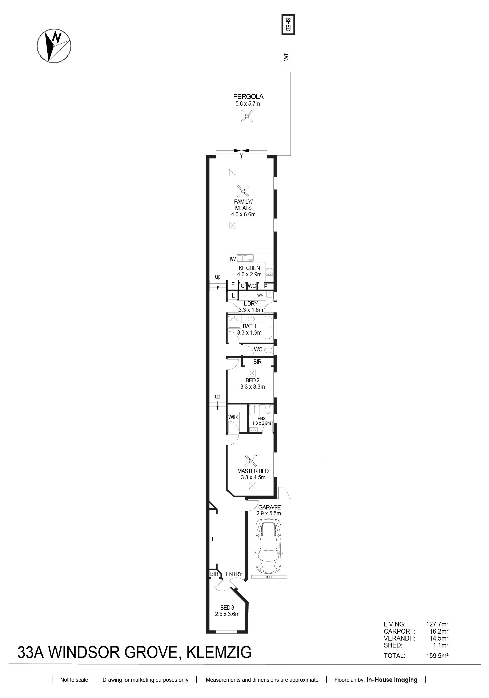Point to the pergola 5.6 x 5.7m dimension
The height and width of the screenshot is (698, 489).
coord(248,104)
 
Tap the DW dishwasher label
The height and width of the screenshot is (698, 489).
coord(231,259)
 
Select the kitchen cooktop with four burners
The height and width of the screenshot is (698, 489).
coord(269,271)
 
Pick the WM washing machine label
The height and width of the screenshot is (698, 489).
coord(260,295)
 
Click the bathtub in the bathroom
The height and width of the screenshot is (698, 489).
coord(268,328)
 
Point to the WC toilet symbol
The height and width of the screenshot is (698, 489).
coord(269,350)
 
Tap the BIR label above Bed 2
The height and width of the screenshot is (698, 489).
coord(257,362)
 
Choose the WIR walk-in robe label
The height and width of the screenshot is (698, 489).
coord(233,417)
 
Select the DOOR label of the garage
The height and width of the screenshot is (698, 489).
coord(269,577)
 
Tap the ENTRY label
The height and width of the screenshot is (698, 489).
coord(234,574)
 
